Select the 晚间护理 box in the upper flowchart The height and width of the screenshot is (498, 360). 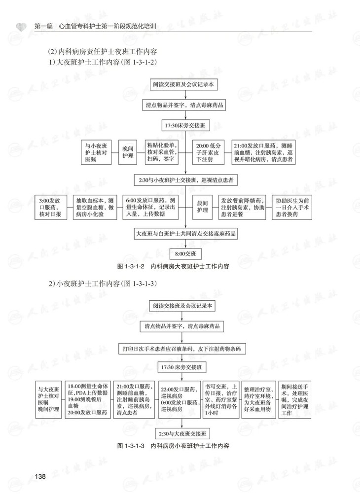(x=128, y=152)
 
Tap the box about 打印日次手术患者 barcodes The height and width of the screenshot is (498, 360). (x=185, y=348)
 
